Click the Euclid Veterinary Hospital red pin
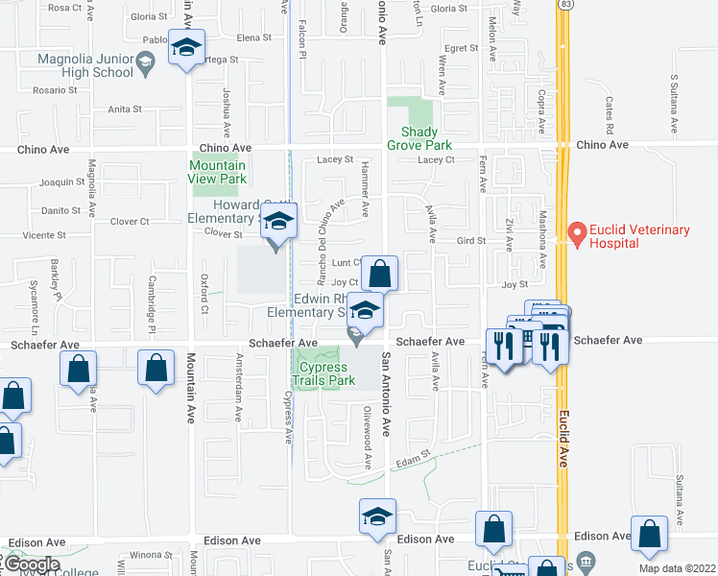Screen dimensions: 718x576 click(x=577, y=232)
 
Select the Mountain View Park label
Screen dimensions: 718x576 click(x=217, y=172)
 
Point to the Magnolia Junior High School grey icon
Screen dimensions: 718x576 click(x=145, y=64)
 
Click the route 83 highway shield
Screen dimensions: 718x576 click(x=568, y=5)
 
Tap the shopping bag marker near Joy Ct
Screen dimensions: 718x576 click(x=380, y=273)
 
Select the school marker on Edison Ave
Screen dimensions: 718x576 click(x=378, y=516)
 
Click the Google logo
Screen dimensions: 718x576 click(x=31, y=564)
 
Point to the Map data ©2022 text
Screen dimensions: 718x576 click(x=678, y=568)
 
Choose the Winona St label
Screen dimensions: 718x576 click(x=151, y=555)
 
